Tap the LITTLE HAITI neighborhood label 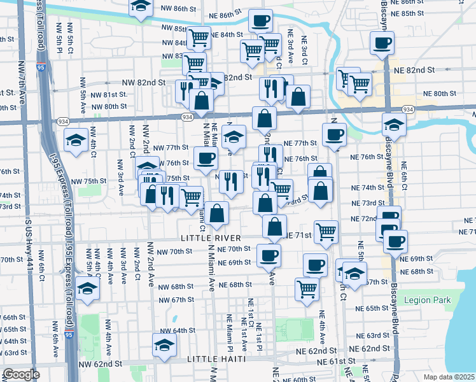pyautogui.click(x=213, y=360)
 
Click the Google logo pyautogui.click(x=21, y=374)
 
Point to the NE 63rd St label pyautogui.click(x=374, y=336)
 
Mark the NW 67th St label pyautogui.click(x=176, y=300)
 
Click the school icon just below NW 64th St pyautogui.click(x=165, y=345)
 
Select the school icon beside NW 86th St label pyautogui.click(x=140, y=7)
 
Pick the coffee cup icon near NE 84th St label pyautogui.click(x=260, y=21)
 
